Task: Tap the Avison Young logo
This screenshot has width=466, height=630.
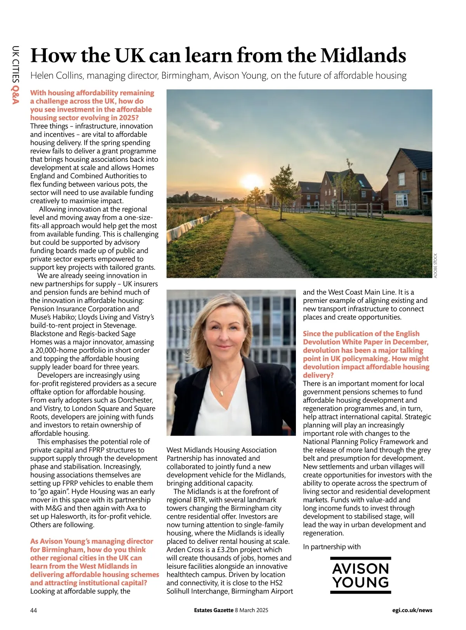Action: [360, 575]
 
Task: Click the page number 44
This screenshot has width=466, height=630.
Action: [34, 610]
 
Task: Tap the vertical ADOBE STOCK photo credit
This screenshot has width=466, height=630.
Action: [435, 265]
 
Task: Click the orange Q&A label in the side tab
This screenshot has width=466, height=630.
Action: [16, 95]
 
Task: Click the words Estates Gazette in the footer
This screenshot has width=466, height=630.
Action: [214, 610]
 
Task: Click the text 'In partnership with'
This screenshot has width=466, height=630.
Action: [332, 547]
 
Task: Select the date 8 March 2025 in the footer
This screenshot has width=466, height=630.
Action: [252, 610]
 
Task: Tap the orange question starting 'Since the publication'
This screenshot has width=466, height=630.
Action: [366, 354]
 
